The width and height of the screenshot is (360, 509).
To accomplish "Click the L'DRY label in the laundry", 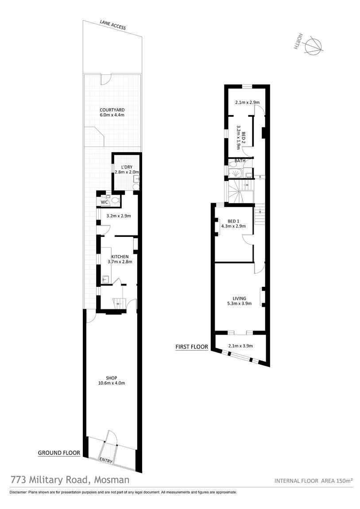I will coord(127,166).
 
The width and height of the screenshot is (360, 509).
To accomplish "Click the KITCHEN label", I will coord(120,256).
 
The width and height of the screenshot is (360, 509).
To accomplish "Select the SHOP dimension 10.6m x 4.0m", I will coord(111,383).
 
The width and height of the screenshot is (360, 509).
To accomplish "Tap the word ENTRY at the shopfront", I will coord(106,460).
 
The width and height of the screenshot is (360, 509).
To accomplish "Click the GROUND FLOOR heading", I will coord(59,453).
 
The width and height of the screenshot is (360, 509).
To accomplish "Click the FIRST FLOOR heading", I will coord(192,347).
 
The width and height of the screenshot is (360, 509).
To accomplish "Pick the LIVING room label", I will coord(239,298).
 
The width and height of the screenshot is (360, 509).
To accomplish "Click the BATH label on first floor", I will coord(240,161).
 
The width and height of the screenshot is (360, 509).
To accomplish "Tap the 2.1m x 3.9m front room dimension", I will coord(240,346).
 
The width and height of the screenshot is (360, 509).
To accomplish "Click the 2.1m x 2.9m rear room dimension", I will coord(246,102).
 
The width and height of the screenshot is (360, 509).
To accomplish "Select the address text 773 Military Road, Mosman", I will coord(70,479).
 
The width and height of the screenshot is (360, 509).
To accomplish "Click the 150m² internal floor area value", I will coord(344,481).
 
